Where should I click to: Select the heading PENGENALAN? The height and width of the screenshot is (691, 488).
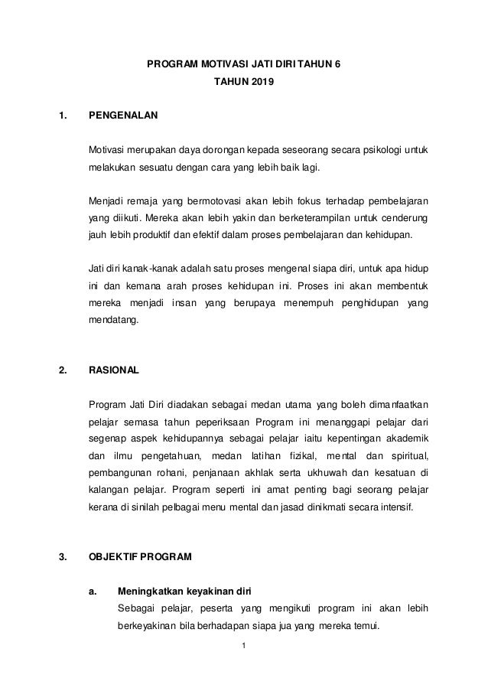[x=123, y=117]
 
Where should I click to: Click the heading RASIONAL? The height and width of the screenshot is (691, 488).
[x=115, y=370]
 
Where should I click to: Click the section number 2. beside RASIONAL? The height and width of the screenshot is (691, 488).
[x=63, y=370]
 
